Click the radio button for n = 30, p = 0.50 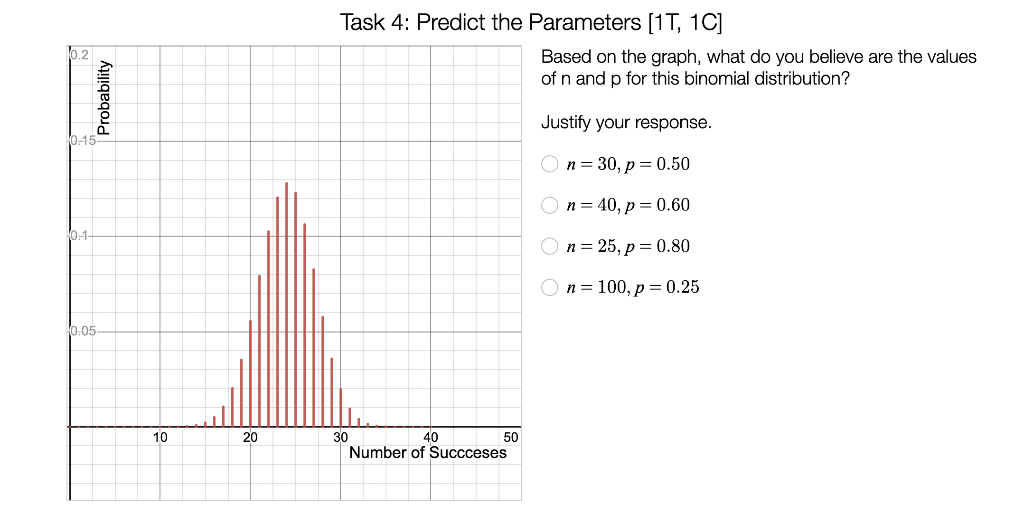tap(549, 164)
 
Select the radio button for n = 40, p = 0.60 tap(549, 205)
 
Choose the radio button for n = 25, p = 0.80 tap(549, 246)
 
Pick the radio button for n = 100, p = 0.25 tap(549, 287)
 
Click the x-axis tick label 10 tap(160, 438)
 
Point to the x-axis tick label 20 tap(250, 438)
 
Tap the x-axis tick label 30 tap(340, 438)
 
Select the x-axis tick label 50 tap(511, 438)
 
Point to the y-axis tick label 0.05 tap(83, 331)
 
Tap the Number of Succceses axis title tap(428, 453)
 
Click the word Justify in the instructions tap(566, 123)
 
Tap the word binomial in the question tap(735, 78)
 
